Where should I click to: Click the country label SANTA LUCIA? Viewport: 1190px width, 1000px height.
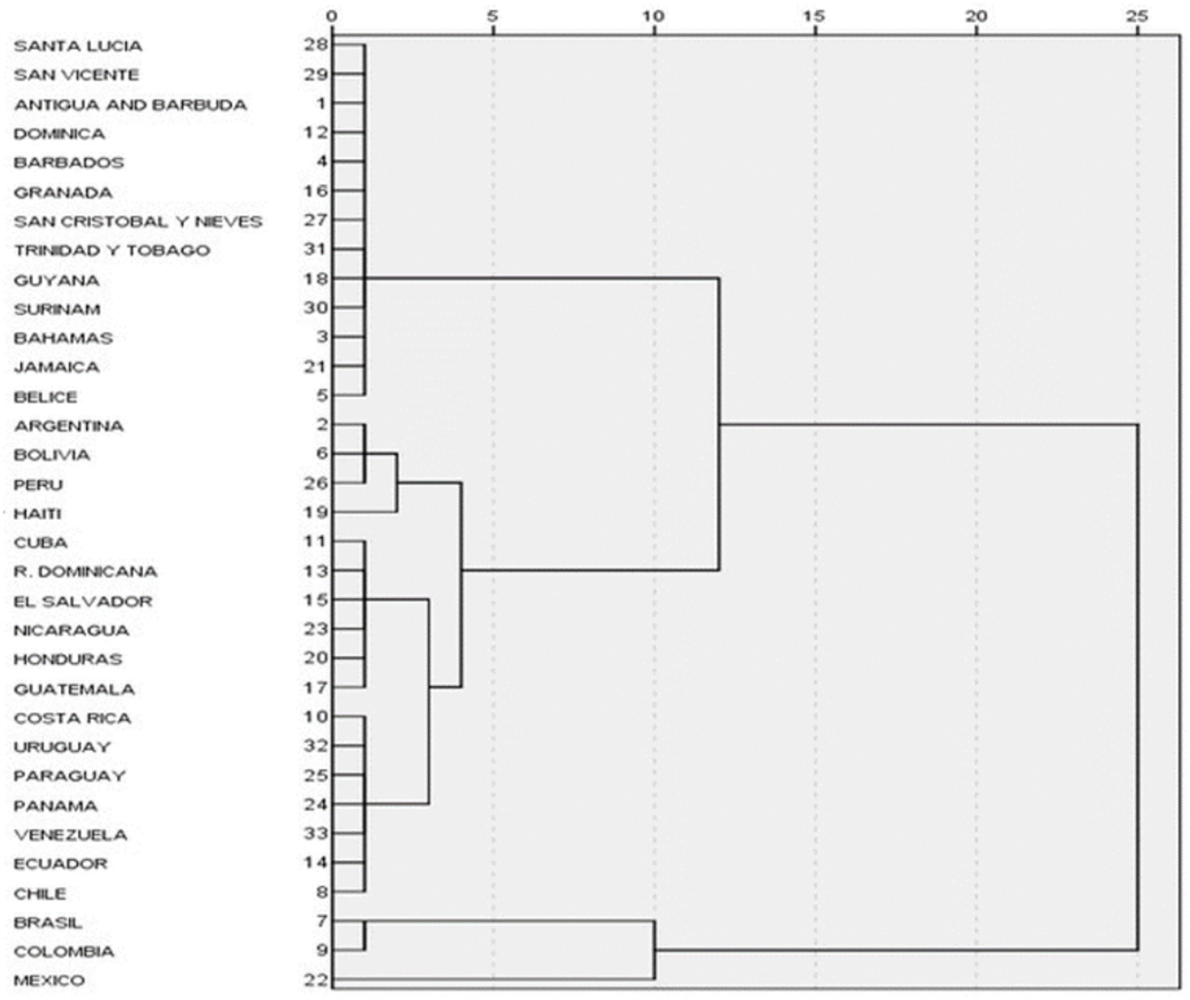pyautogui.click(x=78, y=46)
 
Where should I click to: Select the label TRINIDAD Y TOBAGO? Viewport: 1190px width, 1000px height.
pyautogui.click(x=112, y=251)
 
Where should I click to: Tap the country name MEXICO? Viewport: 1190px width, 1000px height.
pyautogui.click(x=49, y=981)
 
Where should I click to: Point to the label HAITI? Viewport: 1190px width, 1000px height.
pyautogui.click(x=38, y=514)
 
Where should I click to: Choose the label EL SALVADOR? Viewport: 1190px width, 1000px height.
pyautogui.click(x=83, y=601)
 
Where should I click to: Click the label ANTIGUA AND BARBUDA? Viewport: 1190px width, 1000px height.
pyautogui.click(x=130, y=105)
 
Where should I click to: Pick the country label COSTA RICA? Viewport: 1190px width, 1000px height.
pyautogui.click(x=72, y=718)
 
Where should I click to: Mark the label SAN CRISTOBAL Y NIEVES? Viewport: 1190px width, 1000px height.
pyautogui.click(x=138, y=222)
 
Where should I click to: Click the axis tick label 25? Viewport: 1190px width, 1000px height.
pyautogui.click(x=1137, y=15)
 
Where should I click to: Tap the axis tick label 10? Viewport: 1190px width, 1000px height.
pyautogui.click(x=653, y=15)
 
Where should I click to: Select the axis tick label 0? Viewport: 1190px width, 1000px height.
pyautogui.click(x=332, y=15)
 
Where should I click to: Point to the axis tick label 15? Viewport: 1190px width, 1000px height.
pyautogui.click(x=815, y=15)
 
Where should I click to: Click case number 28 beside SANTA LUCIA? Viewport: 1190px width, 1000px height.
pyautogui.click(x=316, y=45)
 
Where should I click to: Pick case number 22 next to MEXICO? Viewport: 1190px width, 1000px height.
pyautogui.click(x=316, y=980)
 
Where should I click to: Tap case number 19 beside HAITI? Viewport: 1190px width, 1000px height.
pyautogui.click(x=316, y=513)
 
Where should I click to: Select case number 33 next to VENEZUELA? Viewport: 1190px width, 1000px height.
pyautogui.click(x=316, y=834)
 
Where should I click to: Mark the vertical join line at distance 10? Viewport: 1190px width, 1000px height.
pyautogui.click(x=654, y=950)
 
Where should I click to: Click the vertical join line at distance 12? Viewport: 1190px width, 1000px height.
pyautogui.click(x=719, y=423)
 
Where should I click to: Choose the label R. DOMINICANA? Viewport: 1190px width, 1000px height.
pyautogui.click(x=85, y=572)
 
